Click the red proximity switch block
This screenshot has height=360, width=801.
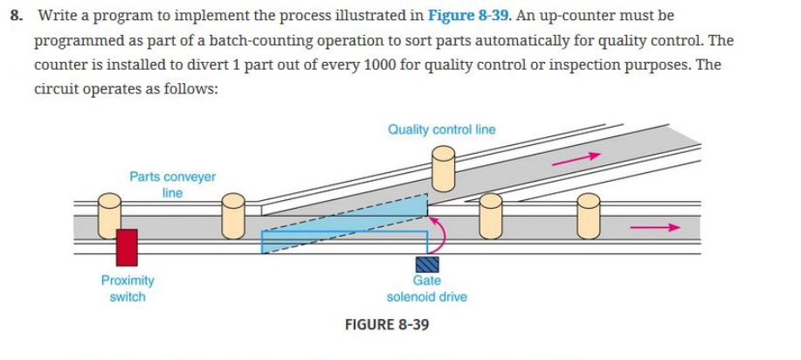[127, 246]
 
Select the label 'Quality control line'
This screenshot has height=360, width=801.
[441, 129]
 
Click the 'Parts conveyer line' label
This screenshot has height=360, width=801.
[172, 184]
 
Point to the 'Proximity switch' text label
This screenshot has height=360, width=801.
[128, 288]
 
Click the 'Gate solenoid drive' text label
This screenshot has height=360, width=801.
[426, 288]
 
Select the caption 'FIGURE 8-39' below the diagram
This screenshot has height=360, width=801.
[387, 324]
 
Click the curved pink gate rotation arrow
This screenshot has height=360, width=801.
[441, 234]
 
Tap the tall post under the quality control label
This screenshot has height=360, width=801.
[444, 168]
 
